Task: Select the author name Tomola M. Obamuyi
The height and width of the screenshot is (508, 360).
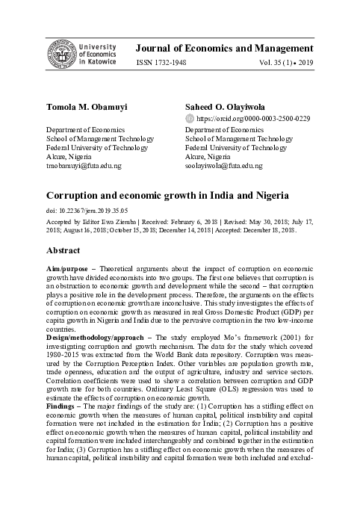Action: click(x=71, y=107)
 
